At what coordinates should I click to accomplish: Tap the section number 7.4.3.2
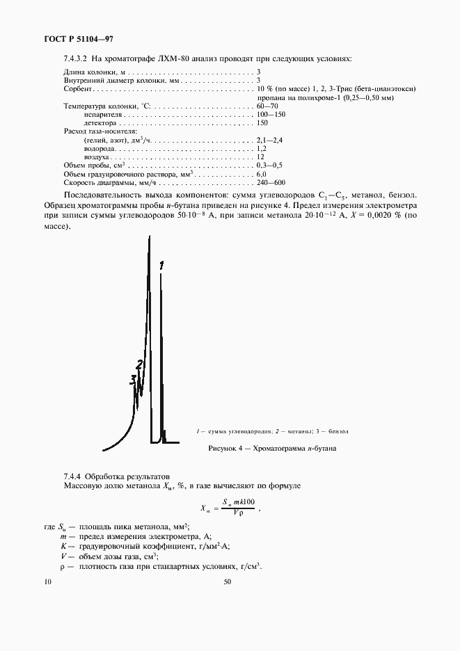point(75,58)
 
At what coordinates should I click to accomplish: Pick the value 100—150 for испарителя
point(271,113)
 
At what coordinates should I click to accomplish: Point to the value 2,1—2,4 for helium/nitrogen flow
point(269,140)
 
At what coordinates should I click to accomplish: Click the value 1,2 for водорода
point(262,148)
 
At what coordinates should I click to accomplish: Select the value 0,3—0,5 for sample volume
point(269,165)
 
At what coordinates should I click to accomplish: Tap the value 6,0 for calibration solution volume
point(262,174)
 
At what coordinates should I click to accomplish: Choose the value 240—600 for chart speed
point(271,182)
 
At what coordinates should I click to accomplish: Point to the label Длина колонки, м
point(94,72)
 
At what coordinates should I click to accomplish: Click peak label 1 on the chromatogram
point(161,265)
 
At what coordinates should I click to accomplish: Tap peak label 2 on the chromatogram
point(140,364)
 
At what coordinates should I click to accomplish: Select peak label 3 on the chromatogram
point(132,380)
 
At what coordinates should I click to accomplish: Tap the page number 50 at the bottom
point(227,583)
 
